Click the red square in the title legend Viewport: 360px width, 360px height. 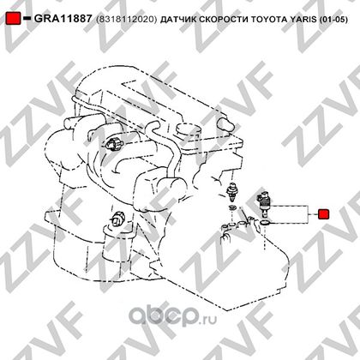click(x=13, y=19)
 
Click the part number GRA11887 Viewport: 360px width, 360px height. click(x=63, y=19)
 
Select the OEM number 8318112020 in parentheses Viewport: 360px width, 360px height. click(x=127, y=20)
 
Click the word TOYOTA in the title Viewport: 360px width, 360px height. click(x=269, y=20)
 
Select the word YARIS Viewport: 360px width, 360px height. click(x=303, y=20)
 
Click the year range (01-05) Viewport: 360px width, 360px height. click(x=333, y=20)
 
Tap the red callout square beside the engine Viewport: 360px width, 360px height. click(x=324, y=213)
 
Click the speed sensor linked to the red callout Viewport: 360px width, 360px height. click(x=263, y=203)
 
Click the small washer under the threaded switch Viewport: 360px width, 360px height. click(x=233, y=207)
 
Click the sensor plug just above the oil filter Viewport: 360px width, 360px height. click(x=117, y=219)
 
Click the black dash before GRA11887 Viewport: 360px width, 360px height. click(x=27, y=19)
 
